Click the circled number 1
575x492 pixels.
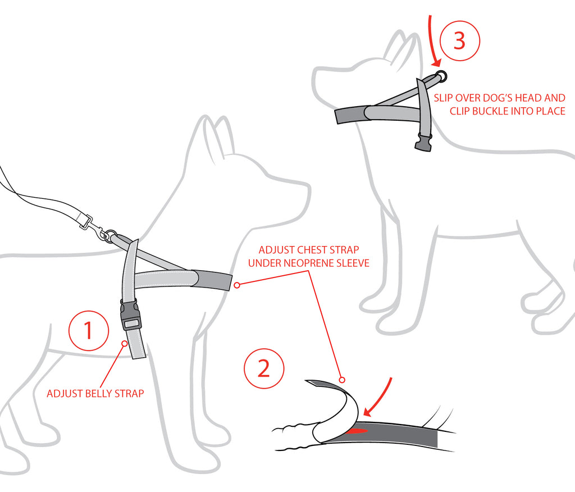coord(89,331)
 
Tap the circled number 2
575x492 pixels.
coord(263,369)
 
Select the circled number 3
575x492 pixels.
coord(459,40)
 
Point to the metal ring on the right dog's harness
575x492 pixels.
coord(441,76)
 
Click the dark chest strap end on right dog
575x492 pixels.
coord(348,115)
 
